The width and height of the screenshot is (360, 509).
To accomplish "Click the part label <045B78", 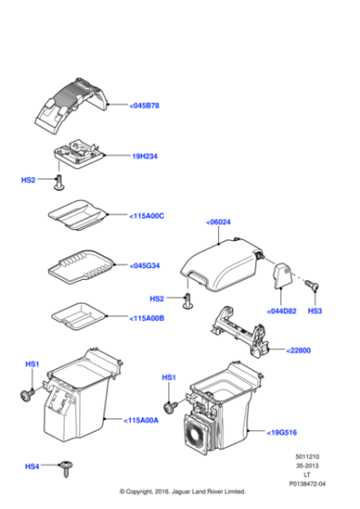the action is coord(145,105).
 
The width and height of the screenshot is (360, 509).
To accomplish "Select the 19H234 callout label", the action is coord(145,156).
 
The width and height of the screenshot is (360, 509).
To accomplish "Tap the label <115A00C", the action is coord(146,216).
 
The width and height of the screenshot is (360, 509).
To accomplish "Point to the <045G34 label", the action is coord(145,265).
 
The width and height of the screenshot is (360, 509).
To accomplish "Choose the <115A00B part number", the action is coord(146,318).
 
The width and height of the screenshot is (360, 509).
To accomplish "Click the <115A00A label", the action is coord(141,420).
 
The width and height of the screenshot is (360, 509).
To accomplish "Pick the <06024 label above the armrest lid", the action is coord(218,223).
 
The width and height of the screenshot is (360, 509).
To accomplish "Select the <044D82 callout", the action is coord(282,311).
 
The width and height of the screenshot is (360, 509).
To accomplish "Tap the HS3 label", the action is coord(315,311).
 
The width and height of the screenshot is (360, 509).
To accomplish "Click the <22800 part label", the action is coord(299,351).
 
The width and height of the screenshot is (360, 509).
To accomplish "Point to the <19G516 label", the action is coord(282,433).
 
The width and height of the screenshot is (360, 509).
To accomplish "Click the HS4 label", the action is coord(32,466).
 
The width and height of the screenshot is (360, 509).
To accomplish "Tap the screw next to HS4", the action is coord(66,469).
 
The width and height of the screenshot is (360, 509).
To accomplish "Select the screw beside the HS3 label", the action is coord(313,285).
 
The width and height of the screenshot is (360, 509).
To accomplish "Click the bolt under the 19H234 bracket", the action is coord(59,183).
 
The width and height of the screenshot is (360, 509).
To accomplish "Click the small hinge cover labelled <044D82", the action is coord(282,275).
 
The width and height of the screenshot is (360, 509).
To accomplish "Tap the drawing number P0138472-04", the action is coord(307,484).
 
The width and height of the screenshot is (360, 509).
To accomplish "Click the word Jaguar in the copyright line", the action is coord(181,492).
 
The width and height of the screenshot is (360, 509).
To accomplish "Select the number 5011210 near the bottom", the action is coord(307,456).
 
